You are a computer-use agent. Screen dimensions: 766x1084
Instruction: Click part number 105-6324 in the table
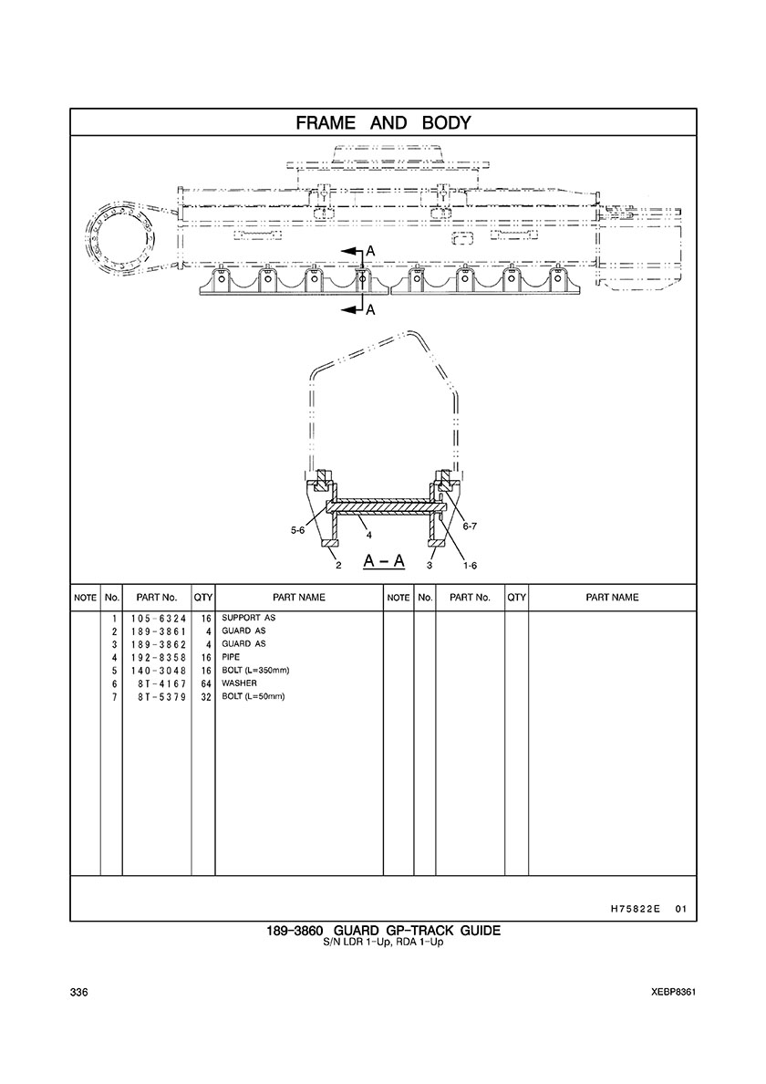pos(159,618)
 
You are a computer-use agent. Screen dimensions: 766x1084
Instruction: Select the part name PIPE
pos(231,657)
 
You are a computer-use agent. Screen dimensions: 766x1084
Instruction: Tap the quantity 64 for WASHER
pos(205,683)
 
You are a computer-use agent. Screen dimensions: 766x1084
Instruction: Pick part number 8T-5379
pos(161,697)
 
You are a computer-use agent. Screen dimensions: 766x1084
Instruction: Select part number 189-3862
pos(159,644)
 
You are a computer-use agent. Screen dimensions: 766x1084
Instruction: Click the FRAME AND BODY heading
pos(383,123)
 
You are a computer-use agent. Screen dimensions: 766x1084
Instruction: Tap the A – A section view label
pos(384,560)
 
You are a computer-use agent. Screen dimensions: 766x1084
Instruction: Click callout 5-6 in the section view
pos(297,530)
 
